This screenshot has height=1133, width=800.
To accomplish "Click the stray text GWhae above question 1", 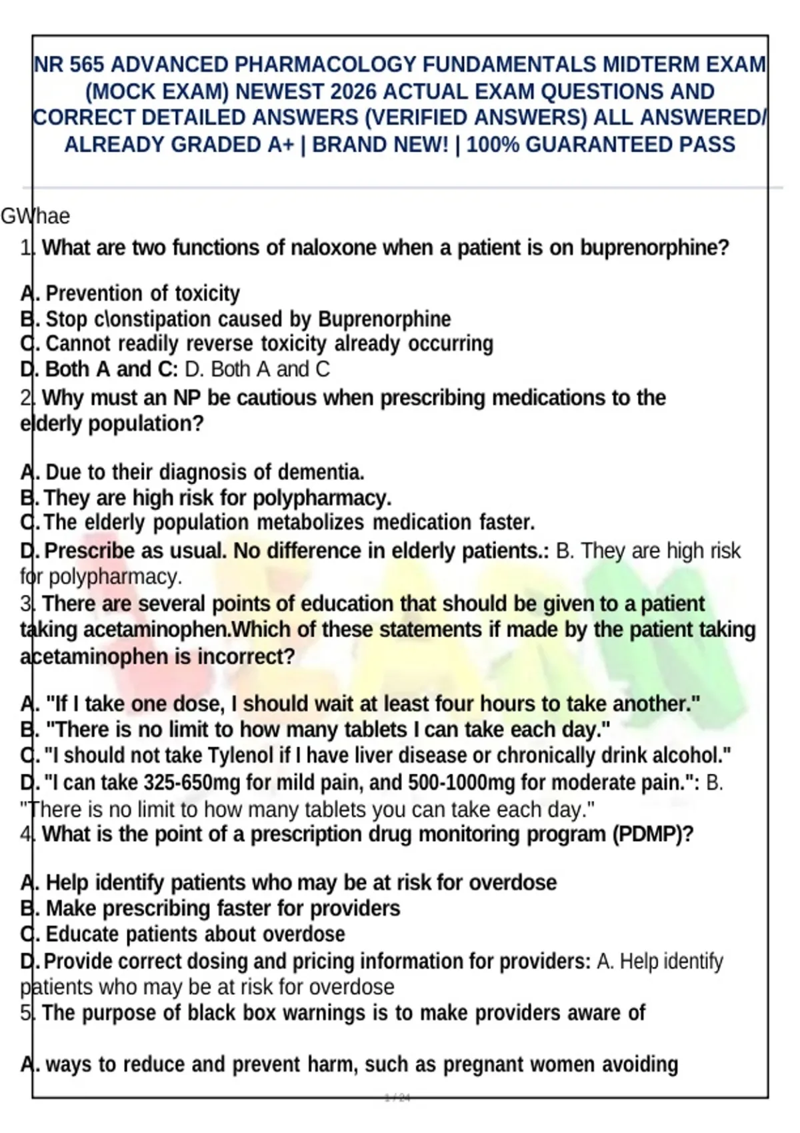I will coord(35,217).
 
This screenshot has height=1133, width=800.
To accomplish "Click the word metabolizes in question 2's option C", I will coord(310,523).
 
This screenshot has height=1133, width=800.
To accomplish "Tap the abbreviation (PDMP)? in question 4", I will coord(653,834).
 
